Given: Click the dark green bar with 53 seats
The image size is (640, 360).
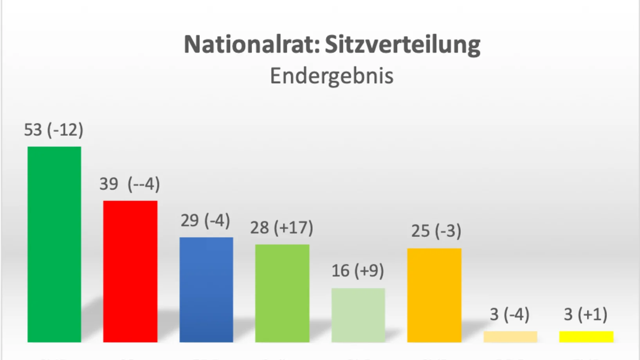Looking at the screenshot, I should [x=54, y=245].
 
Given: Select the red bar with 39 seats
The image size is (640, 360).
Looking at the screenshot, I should [x=130, y=272].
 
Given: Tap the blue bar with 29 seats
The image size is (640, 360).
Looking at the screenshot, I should [x=206, y=290].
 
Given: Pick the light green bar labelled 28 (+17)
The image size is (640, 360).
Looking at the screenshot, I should [x=282, y=293].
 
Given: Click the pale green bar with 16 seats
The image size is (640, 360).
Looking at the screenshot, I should [x=358, y=315].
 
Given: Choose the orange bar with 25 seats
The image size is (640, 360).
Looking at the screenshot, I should [x=434, y=295].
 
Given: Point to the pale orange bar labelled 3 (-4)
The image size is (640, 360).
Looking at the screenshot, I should [x=510, y=337].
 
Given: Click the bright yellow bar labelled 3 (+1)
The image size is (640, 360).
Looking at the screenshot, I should [x=586, y=337].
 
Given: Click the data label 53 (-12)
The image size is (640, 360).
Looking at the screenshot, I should [x=54, y=130].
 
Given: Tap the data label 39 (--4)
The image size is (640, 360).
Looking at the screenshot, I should [x=130, y=184].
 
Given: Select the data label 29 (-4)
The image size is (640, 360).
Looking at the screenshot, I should [x=205, y=221].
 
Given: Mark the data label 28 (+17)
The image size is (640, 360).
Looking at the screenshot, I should [x=281, y=228].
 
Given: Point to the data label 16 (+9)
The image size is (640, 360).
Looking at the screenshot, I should [x=357, y=271].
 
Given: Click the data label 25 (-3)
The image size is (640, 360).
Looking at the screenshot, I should [x=436, y=231].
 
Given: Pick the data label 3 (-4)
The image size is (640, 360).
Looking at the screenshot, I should [x=509, y=314].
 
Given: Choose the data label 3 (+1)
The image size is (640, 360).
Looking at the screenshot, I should [x=585, y=314].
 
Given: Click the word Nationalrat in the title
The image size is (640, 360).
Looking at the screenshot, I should [x=251, y=44].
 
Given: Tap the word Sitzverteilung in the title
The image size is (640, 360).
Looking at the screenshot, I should [x=402, y=44].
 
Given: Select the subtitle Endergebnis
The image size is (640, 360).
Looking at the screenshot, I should [x=332, y=76].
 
